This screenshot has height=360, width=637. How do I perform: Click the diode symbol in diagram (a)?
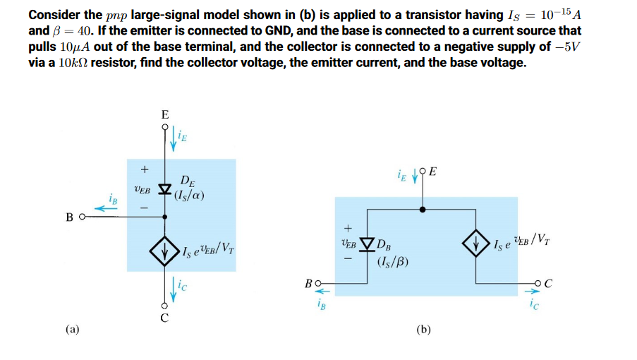[x=165, y=190]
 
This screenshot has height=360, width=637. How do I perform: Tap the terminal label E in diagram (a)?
[x=165, y=114]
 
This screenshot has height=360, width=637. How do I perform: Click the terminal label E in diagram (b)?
[x=432, y=172]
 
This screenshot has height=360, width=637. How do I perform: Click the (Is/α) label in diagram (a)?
[x=188, y=196]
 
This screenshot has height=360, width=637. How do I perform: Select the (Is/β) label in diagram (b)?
[x=389, y=264]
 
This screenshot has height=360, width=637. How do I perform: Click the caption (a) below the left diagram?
[x=73, y=328]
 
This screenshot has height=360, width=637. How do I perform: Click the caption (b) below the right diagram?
[x=423, y=329]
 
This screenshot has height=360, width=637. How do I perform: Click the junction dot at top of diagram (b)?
[x=423, y=210]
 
